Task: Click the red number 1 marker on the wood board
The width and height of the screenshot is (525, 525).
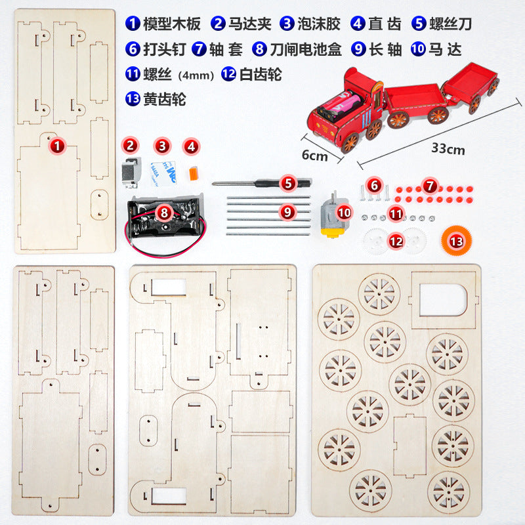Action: [x=58, y=146]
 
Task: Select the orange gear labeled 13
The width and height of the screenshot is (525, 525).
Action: [x=456, y=240]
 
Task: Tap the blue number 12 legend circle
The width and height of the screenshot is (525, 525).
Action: [x=228, y=74]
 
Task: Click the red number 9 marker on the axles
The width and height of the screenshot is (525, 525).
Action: [x=287, y=212]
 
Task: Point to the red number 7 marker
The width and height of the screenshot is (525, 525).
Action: [x=429, y=186]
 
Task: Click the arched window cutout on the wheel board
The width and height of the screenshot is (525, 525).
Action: [x=440, y=303]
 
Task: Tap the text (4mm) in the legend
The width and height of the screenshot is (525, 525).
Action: [x=197, y=75]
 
